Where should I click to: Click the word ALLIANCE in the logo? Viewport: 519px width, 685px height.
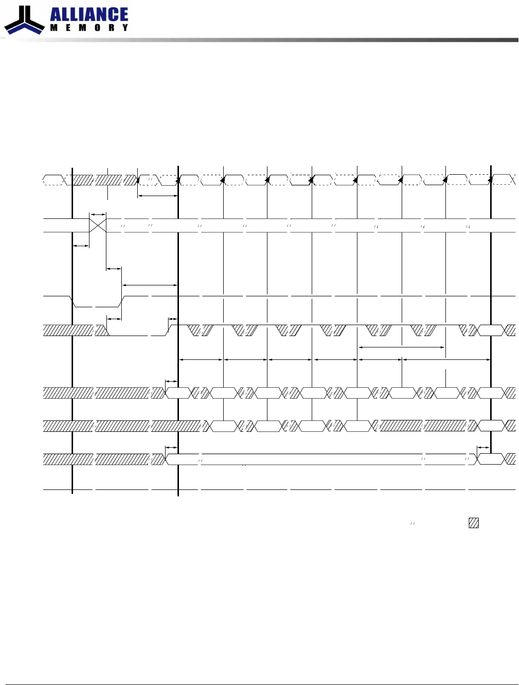89,15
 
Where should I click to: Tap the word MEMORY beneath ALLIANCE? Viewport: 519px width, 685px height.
89,28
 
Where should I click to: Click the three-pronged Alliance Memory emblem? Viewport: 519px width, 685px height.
24,20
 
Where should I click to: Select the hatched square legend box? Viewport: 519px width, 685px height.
474,523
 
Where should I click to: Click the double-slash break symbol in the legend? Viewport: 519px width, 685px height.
413,523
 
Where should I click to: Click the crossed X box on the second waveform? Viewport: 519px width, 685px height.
98,225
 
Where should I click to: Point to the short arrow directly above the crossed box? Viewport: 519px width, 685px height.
98,215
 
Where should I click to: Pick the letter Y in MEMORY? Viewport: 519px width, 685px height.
125,28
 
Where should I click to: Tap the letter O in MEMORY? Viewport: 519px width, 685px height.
97,28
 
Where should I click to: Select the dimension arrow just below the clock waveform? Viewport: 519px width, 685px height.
158,196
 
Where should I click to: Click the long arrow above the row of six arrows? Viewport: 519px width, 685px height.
402,347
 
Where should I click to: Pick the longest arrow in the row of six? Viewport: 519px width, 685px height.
446,359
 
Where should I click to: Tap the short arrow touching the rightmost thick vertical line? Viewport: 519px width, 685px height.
483,448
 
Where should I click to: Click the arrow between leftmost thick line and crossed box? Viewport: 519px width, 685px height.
81,246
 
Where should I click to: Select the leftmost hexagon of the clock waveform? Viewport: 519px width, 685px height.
53,180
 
